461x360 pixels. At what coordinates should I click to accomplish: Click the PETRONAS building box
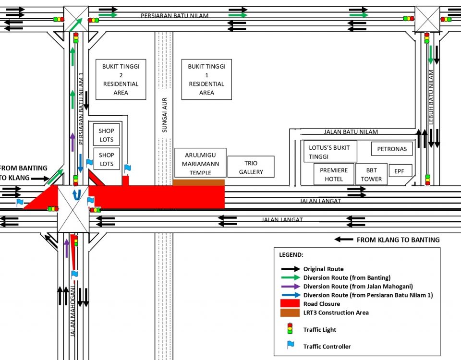(x=391, y=149)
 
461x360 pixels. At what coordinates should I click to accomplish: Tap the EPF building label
(x=400, y=170)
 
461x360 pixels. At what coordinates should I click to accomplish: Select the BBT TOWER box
(x=371, y=174)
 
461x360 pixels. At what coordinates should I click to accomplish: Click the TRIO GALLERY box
(x=251, y=166)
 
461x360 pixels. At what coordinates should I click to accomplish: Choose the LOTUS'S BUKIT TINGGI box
(x=330, y=152)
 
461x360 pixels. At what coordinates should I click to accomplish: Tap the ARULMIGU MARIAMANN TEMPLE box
(x=200, y=162)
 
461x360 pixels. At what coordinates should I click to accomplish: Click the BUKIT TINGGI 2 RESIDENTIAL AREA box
(x=121, y=80)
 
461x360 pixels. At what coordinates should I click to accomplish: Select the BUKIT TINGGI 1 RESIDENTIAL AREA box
(x=206, y=80)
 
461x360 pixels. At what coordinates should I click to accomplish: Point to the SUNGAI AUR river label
(x=164, y=115)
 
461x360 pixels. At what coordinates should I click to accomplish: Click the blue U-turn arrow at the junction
(x=75, y=194)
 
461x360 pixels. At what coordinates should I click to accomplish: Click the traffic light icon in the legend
(x=290, y=329)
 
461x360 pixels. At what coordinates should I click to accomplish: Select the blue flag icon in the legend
(x=290, y=345)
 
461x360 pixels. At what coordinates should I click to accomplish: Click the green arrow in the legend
(x=290, y=278)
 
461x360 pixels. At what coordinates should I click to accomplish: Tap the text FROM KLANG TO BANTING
(x=398, y=240)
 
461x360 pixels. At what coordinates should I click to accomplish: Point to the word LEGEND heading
(x=291, y=254)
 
